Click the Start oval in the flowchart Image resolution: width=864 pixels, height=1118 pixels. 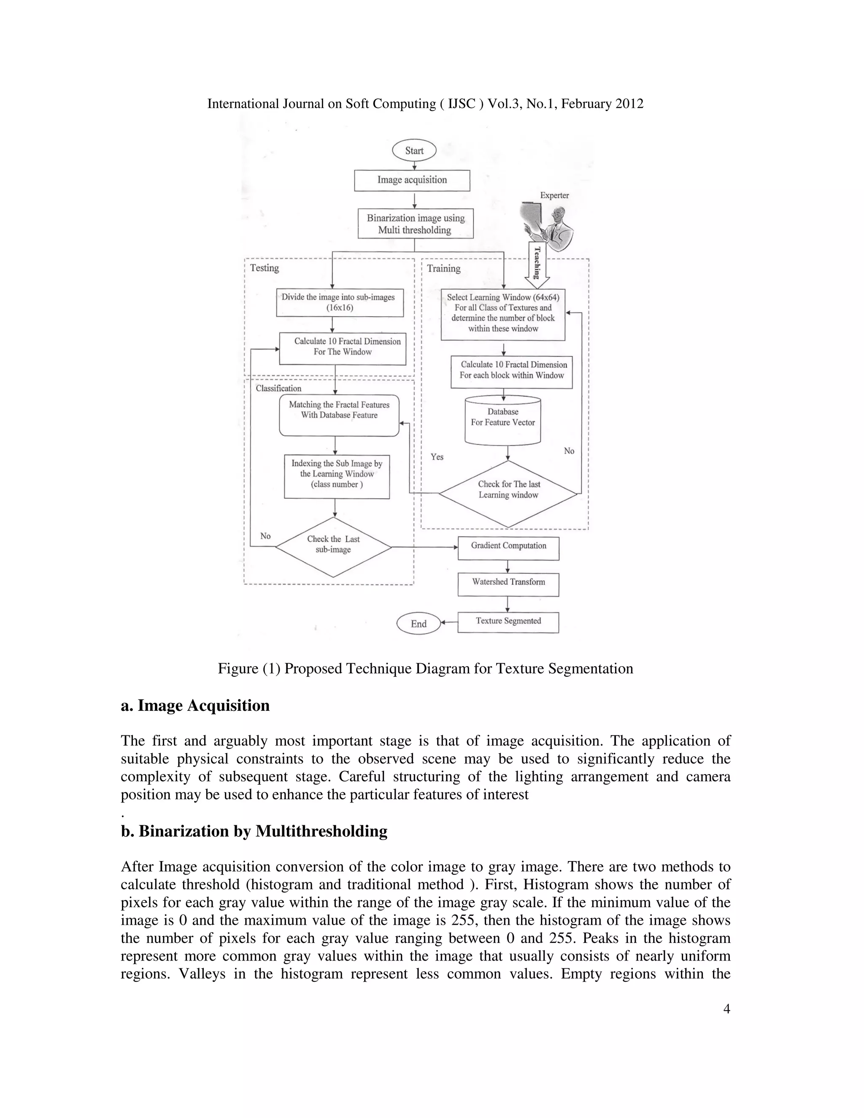414,151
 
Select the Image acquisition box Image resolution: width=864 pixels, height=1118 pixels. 412,180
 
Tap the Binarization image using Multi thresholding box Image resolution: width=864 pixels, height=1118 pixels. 415,224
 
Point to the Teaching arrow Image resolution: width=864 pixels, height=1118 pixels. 537,264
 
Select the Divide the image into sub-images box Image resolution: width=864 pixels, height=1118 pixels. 339,302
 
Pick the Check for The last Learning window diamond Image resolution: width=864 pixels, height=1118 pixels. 508,493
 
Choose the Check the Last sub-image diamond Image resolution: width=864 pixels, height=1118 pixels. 333,546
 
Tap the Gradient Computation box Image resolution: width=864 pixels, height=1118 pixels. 508,548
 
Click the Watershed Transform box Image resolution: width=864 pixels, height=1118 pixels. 508,584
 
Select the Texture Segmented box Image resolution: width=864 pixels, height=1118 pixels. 508,622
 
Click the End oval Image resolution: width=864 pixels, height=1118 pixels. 418,624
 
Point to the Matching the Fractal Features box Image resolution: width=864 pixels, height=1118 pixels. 339,415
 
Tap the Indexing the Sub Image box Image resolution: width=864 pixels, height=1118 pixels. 337,476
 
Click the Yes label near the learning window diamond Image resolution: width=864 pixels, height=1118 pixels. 437,456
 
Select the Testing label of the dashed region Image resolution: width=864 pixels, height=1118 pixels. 264,268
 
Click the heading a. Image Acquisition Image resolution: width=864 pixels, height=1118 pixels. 195,705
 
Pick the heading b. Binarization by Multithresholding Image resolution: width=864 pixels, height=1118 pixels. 254,831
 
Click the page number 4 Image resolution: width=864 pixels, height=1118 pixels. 726,1009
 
